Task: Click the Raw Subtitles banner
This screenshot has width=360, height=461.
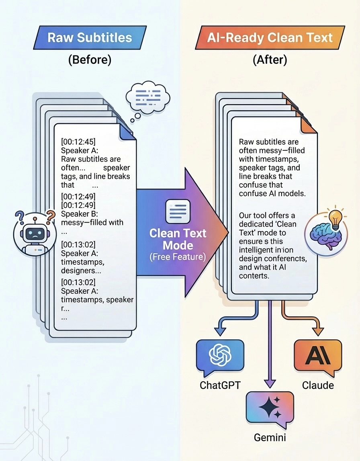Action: pyautogui.click(x=90, y=38)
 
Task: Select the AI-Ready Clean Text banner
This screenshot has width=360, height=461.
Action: pyautogui.click(x=270, y=38)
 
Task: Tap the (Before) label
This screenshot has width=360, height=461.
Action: pyautogui.click(x=89, y=60)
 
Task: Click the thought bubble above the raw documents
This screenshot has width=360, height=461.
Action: pyautogui.click(x=148, y=98)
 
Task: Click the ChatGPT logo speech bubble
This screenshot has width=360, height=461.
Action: pyautogui.click(x=220, y=355)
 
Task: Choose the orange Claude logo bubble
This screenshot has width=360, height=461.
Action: pyautogui.click(x=317, y=355)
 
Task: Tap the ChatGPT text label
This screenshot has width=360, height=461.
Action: pyautogui.click(x=220, y=385)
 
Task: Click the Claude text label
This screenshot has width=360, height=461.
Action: pyautogui.click(x=317, y=385)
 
